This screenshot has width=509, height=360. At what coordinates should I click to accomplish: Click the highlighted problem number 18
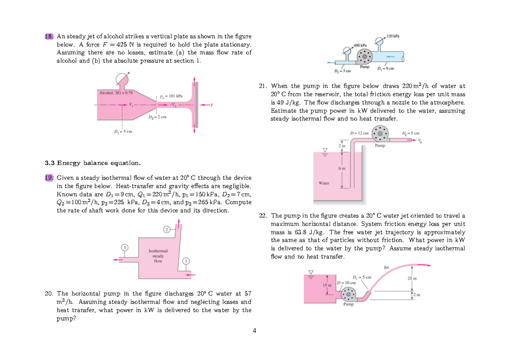point(49,36)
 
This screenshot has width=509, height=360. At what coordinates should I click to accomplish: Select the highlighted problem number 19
point(49,178)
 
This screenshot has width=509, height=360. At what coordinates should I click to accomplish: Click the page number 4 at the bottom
point(254,331)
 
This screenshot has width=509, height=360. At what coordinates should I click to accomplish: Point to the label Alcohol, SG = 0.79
point(115,92)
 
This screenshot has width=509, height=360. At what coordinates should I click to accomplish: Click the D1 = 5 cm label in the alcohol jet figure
point(123,131)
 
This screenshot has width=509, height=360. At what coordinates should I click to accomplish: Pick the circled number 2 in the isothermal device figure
point(167,229)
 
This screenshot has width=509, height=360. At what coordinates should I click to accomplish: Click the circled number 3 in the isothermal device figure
point(124,247)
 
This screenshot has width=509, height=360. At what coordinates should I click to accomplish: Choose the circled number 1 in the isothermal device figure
point(185,260)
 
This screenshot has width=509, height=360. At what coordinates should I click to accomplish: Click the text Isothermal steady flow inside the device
point(158,256)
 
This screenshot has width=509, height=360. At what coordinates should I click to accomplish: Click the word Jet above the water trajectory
point(386,267)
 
